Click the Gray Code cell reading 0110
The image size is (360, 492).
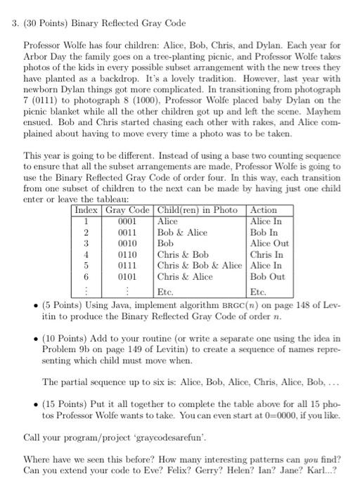tap(128, 254)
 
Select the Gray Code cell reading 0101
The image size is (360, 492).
tap(128, 277)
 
